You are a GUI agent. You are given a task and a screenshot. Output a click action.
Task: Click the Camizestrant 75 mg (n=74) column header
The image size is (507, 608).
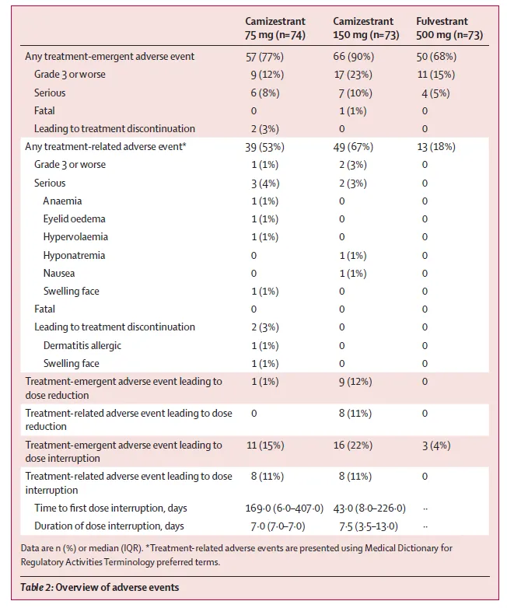pos(275,28)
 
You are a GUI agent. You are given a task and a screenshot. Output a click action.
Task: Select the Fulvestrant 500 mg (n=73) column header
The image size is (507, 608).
pos(449,28)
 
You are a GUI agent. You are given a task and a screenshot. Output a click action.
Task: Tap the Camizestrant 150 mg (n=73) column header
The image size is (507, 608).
pos(365,28)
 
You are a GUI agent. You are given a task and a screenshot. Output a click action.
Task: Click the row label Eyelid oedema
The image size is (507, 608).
pos(75,219)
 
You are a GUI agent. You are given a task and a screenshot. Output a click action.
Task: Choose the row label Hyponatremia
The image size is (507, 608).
pos(74,255)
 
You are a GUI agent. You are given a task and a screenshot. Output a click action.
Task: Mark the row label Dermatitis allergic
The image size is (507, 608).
pos(82,345)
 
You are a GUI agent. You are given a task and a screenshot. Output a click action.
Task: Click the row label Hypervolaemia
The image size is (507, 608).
pos(75,237)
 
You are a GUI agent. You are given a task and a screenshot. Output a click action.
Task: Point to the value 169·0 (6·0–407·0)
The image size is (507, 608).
pos(284,508)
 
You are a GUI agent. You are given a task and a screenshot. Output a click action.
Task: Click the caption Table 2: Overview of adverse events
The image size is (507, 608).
pos(100,587)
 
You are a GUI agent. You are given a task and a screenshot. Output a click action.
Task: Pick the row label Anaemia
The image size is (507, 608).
pos(63,201)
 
